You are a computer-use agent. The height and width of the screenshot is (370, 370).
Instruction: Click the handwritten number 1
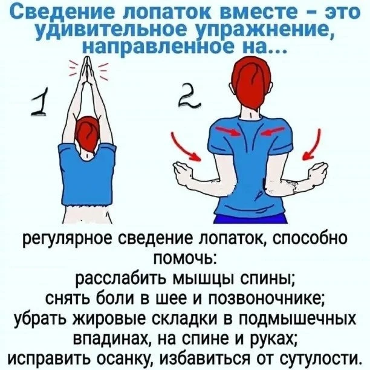pos(40,103)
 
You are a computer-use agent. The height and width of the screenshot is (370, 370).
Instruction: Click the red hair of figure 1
pos(87,135)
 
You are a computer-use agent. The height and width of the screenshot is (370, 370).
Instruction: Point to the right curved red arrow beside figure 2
pos(313,145)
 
